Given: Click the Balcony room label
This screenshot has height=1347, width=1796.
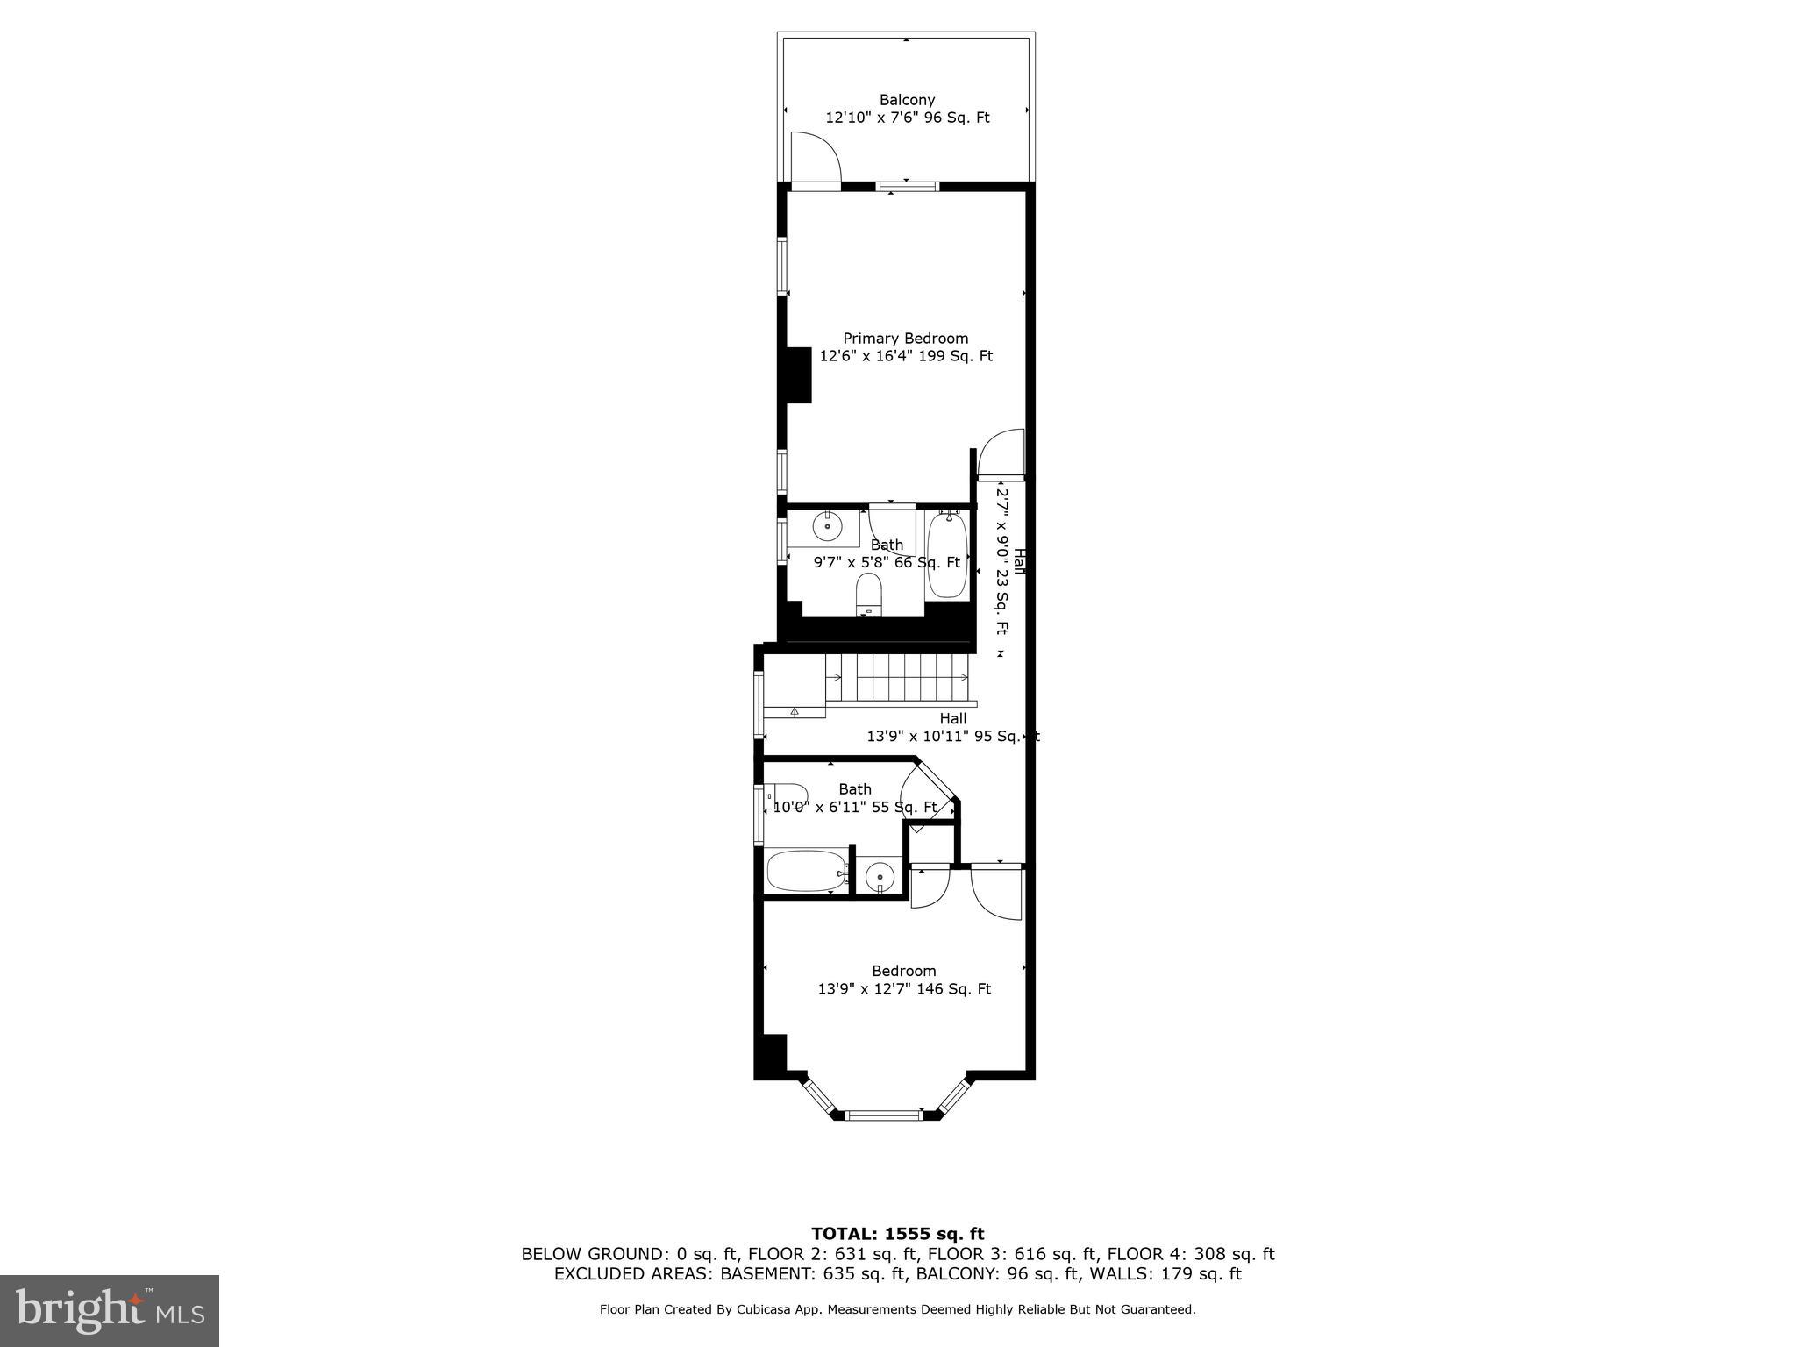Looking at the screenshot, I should pos(907,100).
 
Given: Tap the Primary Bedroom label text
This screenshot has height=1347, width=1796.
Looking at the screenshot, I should pos(905,339).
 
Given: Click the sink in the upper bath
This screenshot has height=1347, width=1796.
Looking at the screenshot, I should pos(826,527).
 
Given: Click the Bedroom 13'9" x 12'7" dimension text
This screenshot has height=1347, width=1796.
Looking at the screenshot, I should pos(904,989).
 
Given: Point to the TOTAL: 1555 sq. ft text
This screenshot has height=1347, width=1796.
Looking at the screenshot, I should pos(897,1235).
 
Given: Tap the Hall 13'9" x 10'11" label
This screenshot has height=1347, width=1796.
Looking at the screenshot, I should pos(952,728).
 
